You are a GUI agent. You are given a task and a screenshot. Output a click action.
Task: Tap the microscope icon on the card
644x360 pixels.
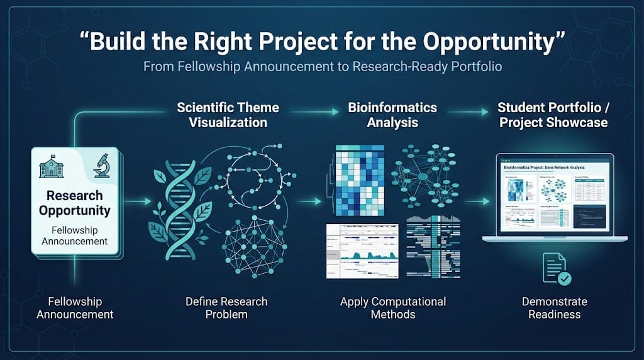101,167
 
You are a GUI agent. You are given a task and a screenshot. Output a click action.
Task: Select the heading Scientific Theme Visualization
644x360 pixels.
228,115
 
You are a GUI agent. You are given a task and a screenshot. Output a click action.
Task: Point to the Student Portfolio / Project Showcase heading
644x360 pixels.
553,115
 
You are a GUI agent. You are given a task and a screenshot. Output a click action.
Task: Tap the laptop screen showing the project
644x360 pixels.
554,194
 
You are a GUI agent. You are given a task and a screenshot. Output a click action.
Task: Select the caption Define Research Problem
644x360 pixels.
226,308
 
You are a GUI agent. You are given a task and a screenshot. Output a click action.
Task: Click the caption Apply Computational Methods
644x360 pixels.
393,308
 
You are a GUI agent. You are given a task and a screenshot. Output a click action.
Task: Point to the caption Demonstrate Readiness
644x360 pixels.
555,308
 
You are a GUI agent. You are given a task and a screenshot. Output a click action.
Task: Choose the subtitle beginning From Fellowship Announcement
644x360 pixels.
322,66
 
